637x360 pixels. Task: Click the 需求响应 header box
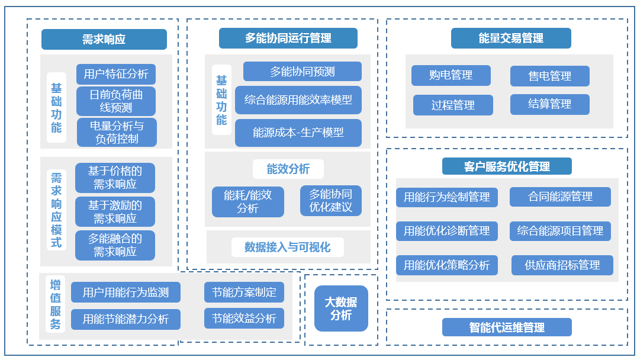pyautogui.click(x=104, y=40)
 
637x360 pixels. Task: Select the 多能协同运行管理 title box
pyautogui.click(x=288, y=38)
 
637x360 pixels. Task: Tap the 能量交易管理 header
pyautogui.click(x=511, y=38)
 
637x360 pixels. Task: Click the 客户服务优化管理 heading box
pyautogui.click(x=507, y=166)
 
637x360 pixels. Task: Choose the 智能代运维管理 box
pyautogui.click(x=507, y=327)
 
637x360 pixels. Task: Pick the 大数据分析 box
pyautogui.click(x=341, y=308)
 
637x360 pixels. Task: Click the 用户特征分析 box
pyautogui.click(x=116, y=74)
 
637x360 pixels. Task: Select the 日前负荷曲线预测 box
pyautogui.click(x=116, y=101)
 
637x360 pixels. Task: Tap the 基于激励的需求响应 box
pyautogui.click(x=115, y=212)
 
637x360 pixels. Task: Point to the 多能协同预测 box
pyautogui.click(x=302, y=72)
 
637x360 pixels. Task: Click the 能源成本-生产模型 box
pyautogui.click(x=298, y=133)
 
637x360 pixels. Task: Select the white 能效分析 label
pyautogui.click(x=288, y=169)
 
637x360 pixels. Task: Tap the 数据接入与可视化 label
pyautogui.click(x=288, y=247)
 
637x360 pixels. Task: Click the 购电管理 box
pyautogui.click(x=451, y=75)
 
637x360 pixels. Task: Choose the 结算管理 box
pyautogui.click(x=549, y=104)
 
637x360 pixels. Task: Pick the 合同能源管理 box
pyautogui.click(x=560, y=197)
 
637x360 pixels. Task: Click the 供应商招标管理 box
pyautogui.click(x=562, y=265)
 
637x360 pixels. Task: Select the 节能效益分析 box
pyautogui.click(x=244, y=319)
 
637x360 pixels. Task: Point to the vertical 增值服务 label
pyautogui.click(x=56, y=304)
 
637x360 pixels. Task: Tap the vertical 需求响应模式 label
pyautogui.click(x=56, y=210)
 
